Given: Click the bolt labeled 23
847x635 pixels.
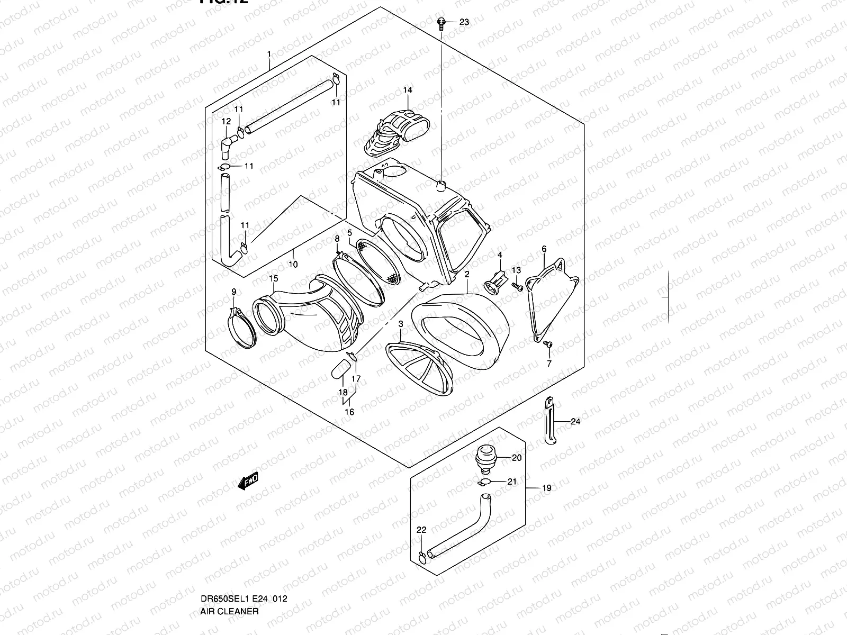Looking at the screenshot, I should [441, 22].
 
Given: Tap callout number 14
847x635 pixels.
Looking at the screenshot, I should [407, 90].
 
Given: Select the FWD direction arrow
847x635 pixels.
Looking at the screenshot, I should [248, 480].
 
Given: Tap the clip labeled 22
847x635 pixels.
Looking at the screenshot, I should [421, 556].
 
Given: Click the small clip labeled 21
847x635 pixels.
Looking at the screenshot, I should [483, 482].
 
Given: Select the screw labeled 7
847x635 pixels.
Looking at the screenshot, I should [548, 345].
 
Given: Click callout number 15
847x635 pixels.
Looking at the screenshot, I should [273, 278].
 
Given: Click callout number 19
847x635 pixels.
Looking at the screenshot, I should [547, 488].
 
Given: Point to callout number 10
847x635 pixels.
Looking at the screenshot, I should [293, 264].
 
